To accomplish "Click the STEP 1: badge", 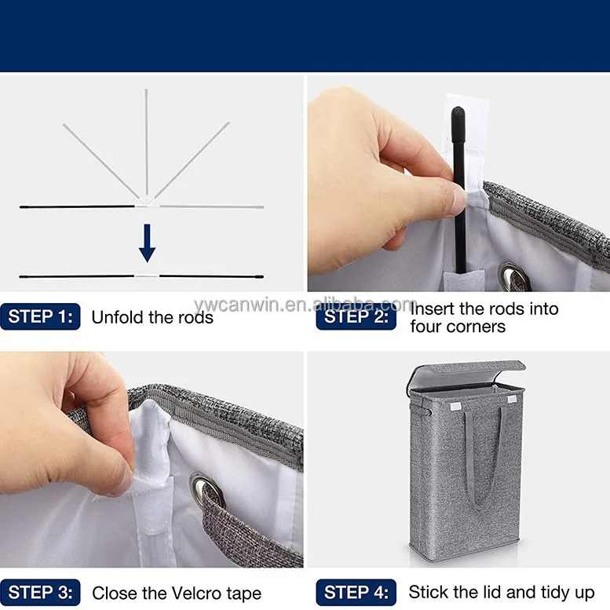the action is coord(40,316).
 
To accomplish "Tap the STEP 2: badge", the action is coord(356,317).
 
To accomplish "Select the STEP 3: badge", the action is coord(40,593).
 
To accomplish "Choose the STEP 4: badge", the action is coord(356,593).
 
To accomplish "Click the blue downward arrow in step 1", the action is coord(147,243).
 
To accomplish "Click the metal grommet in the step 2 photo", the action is coord(514,277).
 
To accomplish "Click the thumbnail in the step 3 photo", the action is coord(126,481).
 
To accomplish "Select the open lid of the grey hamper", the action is coord(466,374).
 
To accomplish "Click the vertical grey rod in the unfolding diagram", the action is coord(146,142).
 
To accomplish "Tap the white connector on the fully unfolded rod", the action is coord(147,276).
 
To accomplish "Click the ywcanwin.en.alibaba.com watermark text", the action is coord(305,305).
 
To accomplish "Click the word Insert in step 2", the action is coord(433,309).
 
